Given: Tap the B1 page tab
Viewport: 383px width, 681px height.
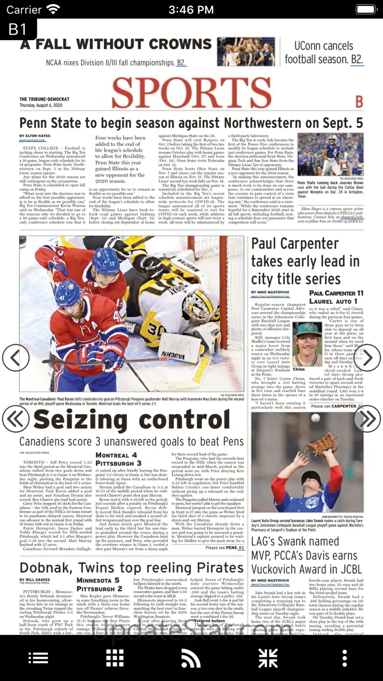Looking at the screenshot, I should pyautogui.click(x=18, y=29).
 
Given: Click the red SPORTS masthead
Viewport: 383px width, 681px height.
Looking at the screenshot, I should pyautogui.click(x=191, y=93).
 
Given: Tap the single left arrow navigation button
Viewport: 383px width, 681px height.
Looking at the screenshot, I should pyautogui.click(x=16, y=358).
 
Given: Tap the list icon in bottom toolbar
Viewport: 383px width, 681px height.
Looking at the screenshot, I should pyautogui.click(x=38, y=658).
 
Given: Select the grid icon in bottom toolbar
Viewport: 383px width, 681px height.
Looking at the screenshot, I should pyautogui.click(x=115, y=658).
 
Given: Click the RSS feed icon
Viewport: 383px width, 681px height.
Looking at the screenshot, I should pyautogui.click(x=191, y=658).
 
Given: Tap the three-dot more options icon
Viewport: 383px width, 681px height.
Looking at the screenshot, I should pyautogui.click(x=345, y=658).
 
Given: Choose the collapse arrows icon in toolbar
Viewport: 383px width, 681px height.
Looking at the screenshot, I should pyautogui.click(x=268, y=658).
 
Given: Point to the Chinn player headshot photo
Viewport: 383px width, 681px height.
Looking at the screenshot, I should pyautogui.click(x=307, y=344).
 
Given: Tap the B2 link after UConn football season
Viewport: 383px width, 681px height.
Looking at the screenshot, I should pyautogui.click(x=357, y=60).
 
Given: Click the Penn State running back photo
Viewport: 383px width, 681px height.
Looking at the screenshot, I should pyautogui.click(x=330, y=154).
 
